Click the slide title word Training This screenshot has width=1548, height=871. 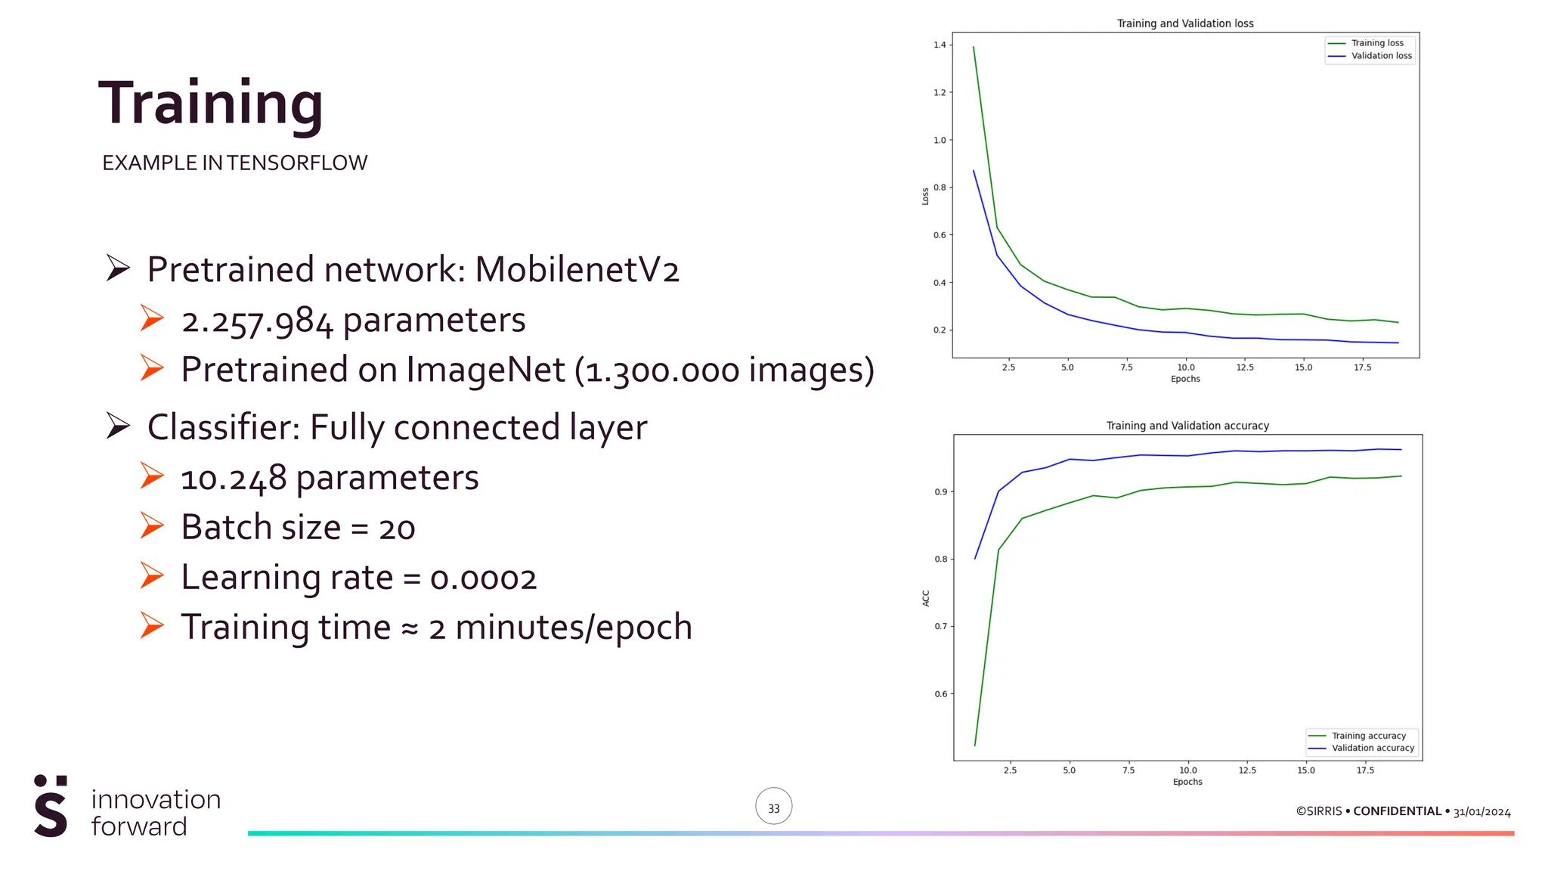click(x=211, y=104)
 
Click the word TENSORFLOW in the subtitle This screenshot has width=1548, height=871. click(x=297, y=163)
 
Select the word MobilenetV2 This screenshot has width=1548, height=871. click(x=577, y=270)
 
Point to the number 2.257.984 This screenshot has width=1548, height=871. click(x=257, y=321)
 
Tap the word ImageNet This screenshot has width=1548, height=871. click(x=485, y=370)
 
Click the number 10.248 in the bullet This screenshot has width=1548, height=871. click(x=234, y=479)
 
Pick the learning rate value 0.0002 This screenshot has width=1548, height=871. click(x=483, y=578)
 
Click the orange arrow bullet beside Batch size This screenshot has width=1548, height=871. click(x=152, y=526)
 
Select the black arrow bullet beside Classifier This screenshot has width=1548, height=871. click(x=118, y=426)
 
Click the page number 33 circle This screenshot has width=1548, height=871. click(x=773, y=807)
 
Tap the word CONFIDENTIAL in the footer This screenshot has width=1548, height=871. click(x=1397, y=811)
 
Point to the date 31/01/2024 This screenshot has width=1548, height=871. click(x=1481, y=812)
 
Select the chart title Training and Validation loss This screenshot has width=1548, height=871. click(x=1184, y=23)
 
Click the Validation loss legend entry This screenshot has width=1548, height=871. click(x=1380, y=56)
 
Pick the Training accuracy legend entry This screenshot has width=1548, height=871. click(x=1368, y=736)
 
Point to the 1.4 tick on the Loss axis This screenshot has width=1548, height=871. click(x=940, y=45)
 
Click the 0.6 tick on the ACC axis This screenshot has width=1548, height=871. click(x=940, y=694)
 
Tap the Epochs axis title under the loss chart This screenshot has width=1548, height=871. click(x=1184, y=379)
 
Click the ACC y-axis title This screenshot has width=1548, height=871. click(x=926, y=598)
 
